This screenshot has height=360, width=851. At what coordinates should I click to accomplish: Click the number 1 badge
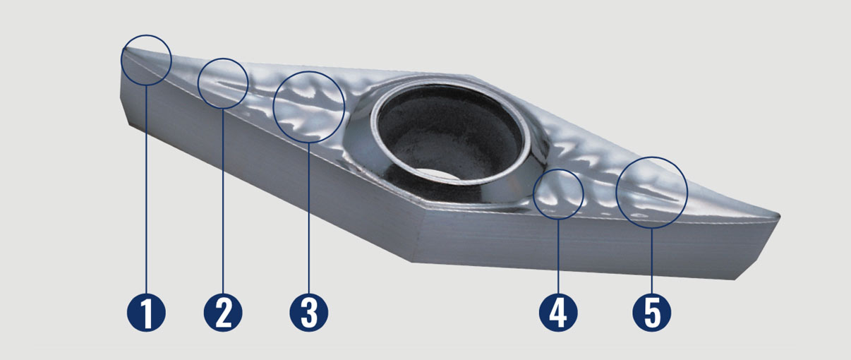click(146, 311)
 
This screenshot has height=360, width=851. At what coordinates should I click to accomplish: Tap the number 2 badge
click(223, 311)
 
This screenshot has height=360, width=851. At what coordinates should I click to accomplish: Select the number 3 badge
click(309, 311)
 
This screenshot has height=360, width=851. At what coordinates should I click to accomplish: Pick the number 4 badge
click(558, 311)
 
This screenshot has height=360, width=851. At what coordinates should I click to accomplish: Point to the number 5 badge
click(651, 311)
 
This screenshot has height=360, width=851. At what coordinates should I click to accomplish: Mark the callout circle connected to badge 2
click(223, 83)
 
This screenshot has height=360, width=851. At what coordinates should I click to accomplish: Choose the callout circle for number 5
click(651, 191)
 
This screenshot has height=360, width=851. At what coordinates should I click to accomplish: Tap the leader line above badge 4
click(558, 254)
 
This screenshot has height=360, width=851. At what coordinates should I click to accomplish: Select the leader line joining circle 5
click(651, 258)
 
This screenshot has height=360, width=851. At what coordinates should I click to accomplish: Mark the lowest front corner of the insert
click(413, 260)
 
